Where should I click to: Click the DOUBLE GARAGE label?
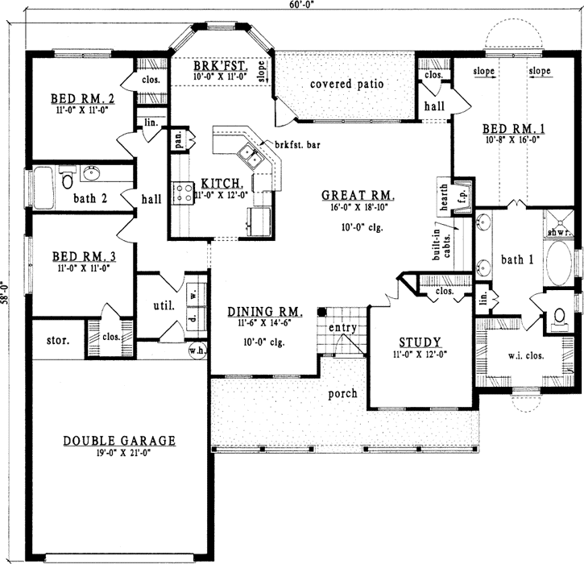coord(119,441)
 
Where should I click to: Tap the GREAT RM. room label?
coord(358,195)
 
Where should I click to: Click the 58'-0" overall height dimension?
coord(7,289)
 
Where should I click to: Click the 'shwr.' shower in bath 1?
coord(558,232)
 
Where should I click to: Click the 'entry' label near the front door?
coord(343,328)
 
